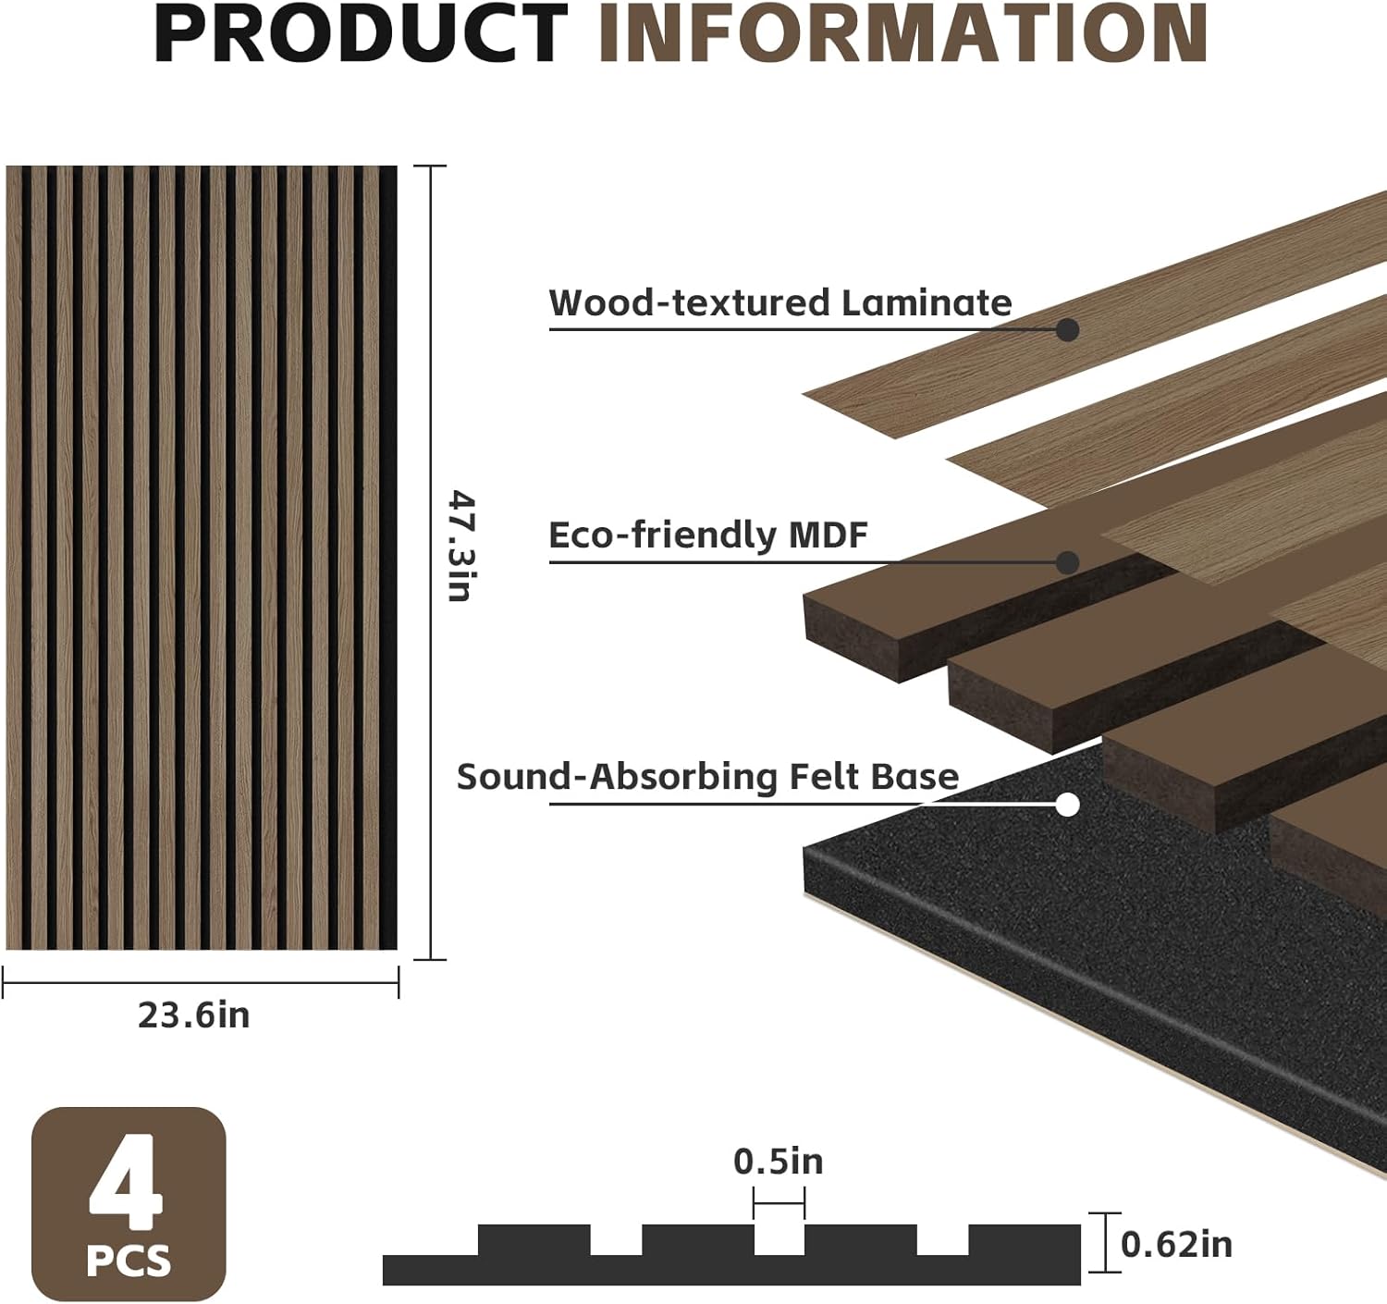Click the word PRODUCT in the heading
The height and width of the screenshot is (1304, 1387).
pyautogui.click(x=361, y=33)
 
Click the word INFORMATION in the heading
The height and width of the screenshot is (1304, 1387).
pyautogui.click(x=902, y=33)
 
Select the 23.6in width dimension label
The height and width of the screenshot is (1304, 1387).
pyautogui.click(x=194, y=1015)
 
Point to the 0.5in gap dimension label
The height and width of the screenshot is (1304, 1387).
pyautogui.click(x=778, y=1162)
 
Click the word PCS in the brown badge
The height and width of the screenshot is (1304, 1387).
pyautogui.click(x=129, y=1261)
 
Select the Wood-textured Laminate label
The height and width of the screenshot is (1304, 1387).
pyautogui.click(x=780, y=303)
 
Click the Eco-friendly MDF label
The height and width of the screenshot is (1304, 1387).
pyautogui.click(x=708, y=535)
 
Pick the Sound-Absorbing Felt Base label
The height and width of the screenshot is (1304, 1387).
pyautogui.click(x=707, y=777)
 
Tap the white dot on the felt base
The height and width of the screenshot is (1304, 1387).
pyautogui.click(x=1067, y=805)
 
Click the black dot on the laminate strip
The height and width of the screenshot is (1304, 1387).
pyautogui.click(x=1067, y=329)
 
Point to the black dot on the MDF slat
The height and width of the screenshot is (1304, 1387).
pyautogui.click(x=1067, y=562)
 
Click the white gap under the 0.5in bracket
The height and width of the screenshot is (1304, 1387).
pyautogui.click(x=779, y=1239)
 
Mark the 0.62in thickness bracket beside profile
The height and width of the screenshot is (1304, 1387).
pyautogui.click(x=1105, y=1242)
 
